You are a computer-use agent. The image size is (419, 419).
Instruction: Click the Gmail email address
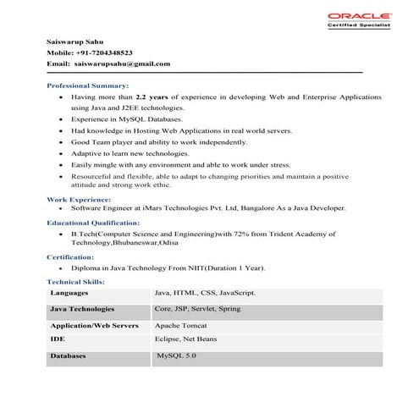pos(122,63)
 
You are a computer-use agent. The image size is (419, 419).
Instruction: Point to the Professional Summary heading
pos(88,85)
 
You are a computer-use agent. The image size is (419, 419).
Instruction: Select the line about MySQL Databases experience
pos(119,120)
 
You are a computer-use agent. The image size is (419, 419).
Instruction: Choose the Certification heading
pos(70,256)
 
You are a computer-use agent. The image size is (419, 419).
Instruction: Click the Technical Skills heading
pos(76,281)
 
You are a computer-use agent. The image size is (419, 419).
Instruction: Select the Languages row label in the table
pos(68,292)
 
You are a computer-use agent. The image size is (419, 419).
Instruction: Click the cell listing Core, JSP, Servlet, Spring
pos(198,309)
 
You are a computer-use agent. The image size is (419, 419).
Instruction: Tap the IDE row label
pos(58,339)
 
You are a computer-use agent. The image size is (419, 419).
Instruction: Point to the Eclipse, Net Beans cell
pos(185,339)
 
